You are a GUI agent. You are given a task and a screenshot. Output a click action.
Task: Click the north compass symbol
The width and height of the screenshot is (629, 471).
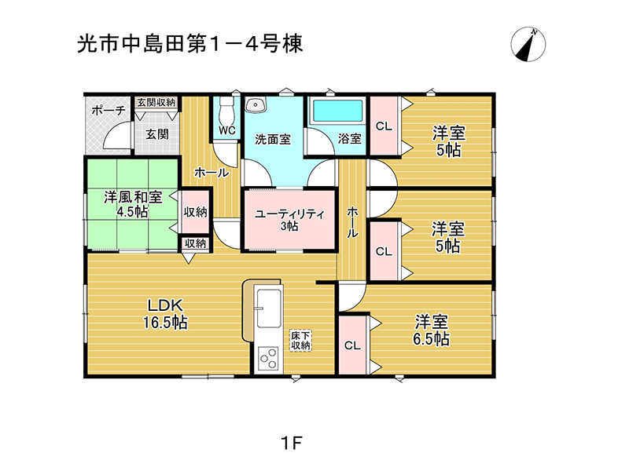click(x=528, y=44)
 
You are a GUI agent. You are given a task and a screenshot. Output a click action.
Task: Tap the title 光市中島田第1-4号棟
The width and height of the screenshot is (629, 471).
click(x=189, y=44)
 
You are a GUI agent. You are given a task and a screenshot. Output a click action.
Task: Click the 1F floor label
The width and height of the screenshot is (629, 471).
click(x=291, y=443)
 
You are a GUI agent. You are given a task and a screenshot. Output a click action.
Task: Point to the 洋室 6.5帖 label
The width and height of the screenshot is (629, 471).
click(x=432, y=330)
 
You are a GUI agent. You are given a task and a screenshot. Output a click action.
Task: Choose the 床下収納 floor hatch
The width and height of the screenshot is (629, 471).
click(x=301, y=339)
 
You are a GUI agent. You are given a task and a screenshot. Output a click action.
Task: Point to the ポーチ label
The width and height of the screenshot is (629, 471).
click(x=108, y=111)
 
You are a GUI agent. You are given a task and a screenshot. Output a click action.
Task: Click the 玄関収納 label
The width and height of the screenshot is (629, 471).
click(x=156, y=102)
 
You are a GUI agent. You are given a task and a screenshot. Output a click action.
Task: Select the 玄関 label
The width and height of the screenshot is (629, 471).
click(x=156, y=134)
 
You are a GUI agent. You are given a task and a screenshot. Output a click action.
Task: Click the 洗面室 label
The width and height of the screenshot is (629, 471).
click(x=273, y=140)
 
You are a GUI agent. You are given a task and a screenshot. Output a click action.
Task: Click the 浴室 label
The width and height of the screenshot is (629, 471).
click(x=350, y=139)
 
